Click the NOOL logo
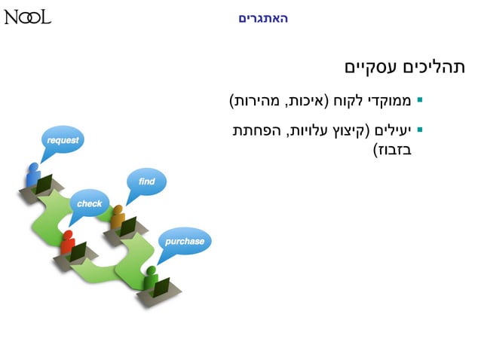click(x=28, y=17)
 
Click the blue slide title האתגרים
click(x=263, y=17)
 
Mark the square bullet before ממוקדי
click(x=420, y=99)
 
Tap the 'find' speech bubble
click(x=146, y=182)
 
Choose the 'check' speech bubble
click(x=89, y=203)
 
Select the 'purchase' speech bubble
click(x=184, y=242)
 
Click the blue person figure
click(x=32, y=175)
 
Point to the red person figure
click(x=67, y=241)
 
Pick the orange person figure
click(x=118, y=218)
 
